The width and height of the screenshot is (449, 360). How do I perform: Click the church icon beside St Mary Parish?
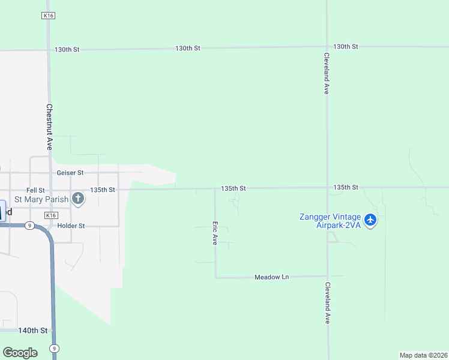(77, 199)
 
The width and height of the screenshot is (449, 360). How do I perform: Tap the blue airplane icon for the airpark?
(370, 220)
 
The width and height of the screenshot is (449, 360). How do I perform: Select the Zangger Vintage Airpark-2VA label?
(330, 221)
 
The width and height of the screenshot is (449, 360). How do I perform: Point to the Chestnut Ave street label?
(49, 127)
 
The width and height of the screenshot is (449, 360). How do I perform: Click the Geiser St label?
(70, 173)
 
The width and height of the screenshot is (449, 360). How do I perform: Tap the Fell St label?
(35, 190)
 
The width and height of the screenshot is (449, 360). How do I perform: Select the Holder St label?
(71, 226)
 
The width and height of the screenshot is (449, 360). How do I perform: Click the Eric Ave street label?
(214, 233)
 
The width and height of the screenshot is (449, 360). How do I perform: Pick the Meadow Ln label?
(271, 277)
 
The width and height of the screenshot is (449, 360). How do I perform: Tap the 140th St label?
(32, 331)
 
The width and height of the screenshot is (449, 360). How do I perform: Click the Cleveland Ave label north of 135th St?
(327, 73)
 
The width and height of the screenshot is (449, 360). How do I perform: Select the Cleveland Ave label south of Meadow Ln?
(328, 303)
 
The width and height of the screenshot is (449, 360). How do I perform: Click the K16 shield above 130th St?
(49, 16)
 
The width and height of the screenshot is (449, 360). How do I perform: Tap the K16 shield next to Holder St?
(52, 215)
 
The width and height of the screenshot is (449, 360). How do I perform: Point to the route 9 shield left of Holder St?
(29, 226)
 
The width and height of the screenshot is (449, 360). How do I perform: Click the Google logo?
(20, 352)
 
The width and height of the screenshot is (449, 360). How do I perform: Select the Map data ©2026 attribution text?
(423, 355)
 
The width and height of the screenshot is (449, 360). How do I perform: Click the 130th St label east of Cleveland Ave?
(346, 46)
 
